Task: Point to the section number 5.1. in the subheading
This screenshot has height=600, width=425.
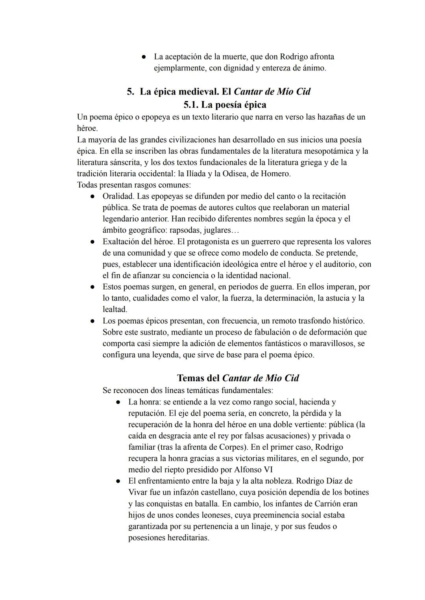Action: (x=191, y=105)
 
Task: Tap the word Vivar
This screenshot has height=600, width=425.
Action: (x=138, y=492)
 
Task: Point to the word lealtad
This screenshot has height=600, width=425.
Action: (x=115, y=310)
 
